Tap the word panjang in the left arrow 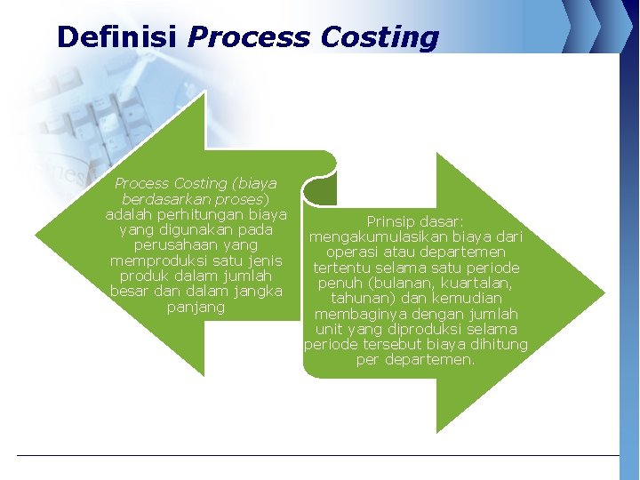click(196, 307)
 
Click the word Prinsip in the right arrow click(395, 221)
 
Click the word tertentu click(343, 268)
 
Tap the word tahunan click(359, 299)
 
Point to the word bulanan click(397, 283)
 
